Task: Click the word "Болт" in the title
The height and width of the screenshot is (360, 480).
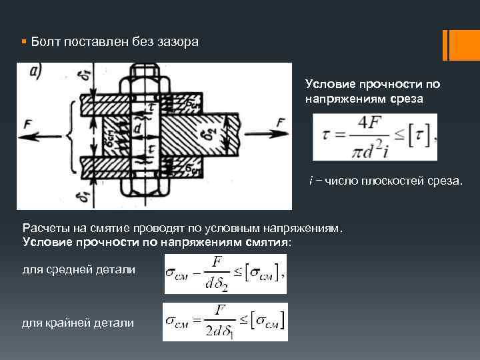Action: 41,42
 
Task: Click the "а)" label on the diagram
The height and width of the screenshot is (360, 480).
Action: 37,73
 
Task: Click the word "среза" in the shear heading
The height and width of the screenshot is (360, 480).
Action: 407,99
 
